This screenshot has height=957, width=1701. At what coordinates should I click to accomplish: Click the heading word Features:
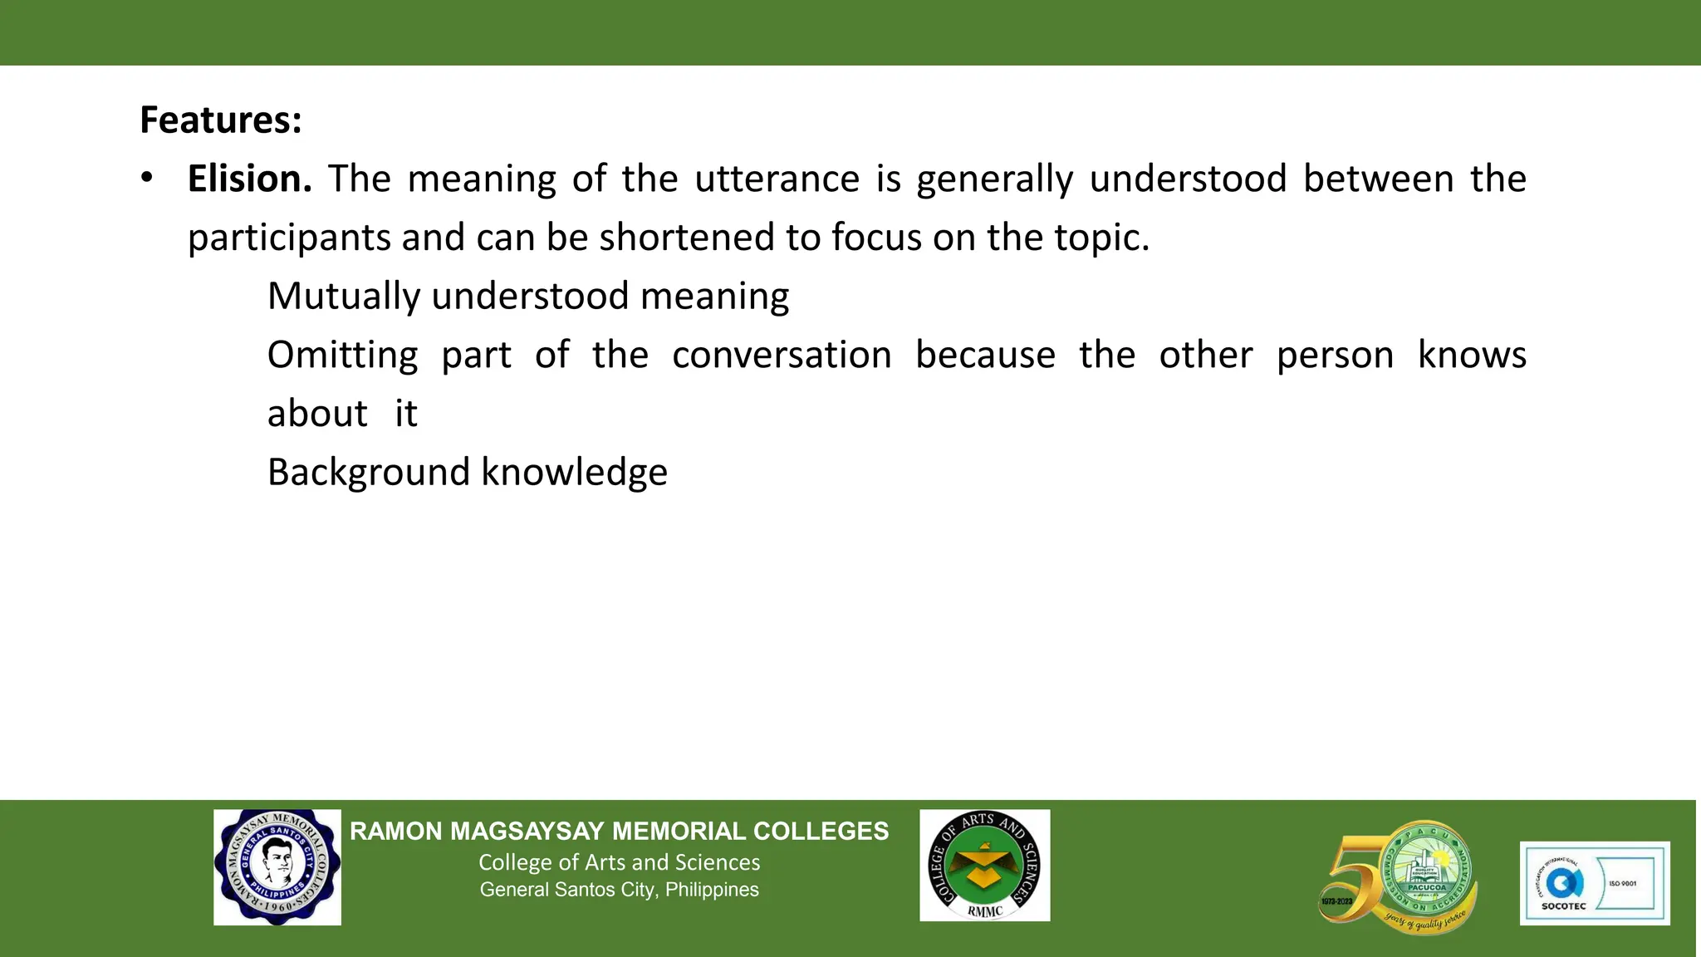pos(220,120)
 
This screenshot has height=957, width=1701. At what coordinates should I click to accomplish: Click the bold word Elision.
pos(249,179)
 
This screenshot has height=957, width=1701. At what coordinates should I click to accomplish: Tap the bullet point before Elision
pos(147,178)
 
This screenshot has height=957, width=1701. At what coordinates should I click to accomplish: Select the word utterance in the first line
pos(777,179)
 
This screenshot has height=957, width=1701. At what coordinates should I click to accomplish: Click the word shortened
pos(687,238)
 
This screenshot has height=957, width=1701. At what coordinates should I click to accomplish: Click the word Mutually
pos(343,297)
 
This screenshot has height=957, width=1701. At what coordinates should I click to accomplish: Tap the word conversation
pos(782,356)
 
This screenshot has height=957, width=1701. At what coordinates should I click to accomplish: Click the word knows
pos(1471,356)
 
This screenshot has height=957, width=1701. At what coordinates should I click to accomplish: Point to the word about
pos(316,414)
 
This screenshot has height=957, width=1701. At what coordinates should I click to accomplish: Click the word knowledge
pos(574,473)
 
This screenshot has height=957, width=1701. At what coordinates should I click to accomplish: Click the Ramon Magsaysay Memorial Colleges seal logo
pos(277,867)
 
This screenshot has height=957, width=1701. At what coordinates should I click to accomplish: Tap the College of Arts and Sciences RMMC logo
pos(984,866)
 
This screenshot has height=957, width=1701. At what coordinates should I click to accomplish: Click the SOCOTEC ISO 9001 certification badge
pos(1594,883)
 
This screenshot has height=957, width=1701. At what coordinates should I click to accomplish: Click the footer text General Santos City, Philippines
pos(619,890)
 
